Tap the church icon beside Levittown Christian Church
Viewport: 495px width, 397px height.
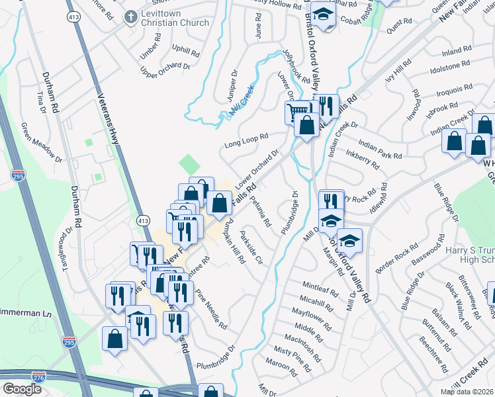(131, 16)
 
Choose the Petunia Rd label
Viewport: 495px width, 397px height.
(259, 213)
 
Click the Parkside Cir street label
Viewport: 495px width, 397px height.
(251, 248)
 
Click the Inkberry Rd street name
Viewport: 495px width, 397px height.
(362, 160)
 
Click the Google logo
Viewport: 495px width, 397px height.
(22, 389)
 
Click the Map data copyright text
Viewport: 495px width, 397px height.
(467, 392)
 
